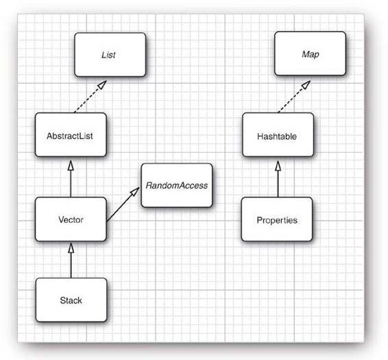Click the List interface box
click(x=110, y=54)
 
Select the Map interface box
click(x=310, y=53)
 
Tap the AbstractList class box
click(x=71, y=134)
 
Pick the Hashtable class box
click(x=278, y=134)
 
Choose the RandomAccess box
click(x=177, y=185)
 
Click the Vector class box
click(x=71, y=219)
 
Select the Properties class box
click(x=277, y=219)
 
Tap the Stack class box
click(x=71, y=300)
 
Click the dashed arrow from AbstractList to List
click(x=90, y=97)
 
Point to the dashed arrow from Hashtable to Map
click(x=294, y=97)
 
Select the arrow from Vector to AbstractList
click(x=71, y=179)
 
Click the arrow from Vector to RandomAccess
click(x=123, y=204)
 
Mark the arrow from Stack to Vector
click(x=71, y=261)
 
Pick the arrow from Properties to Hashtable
click(x=278, y=179)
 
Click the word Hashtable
click(x=277, y=136)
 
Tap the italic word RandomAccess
click(x=177, y=185)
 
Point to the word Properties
click(x=277, y=220)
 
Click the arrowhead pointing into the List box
click(x=102, y=84)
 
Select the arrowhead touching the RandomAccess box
click(x=135, y=192)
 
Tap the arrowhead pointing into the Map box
click(x=306, y=85)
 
